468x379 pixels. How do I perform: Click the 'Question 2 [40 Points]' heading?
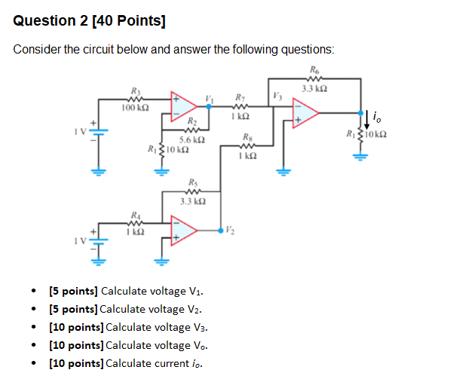[x=90, y=21]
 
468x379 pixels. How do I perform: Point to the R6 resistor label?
[x=314, y=70]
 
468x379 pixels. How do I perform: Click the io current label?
[x=378, y=117]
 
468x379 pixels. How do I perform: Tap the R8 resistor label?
[x=248, y=136]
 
